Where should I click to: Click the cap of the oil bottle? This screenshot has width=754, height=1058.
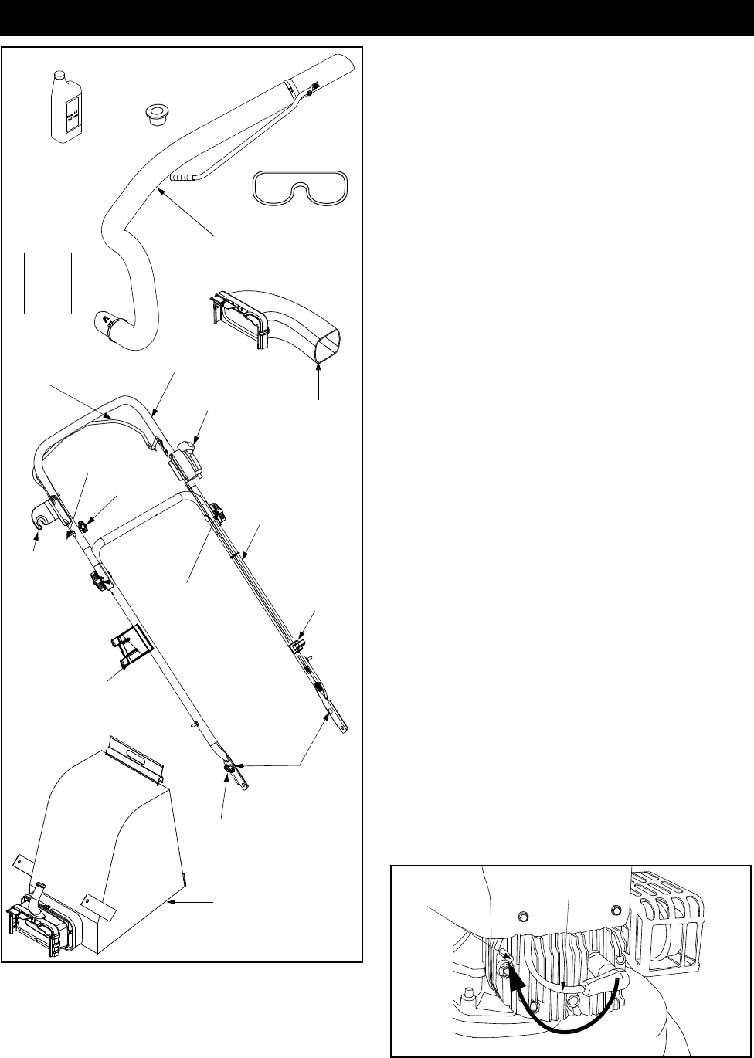tap(59, 74)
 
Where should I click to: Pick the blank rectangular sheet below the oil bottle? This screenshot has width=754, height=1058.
tap(48, 283)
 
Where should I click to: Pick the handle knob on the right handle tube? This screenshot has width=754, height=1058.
tap(218, 511)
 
